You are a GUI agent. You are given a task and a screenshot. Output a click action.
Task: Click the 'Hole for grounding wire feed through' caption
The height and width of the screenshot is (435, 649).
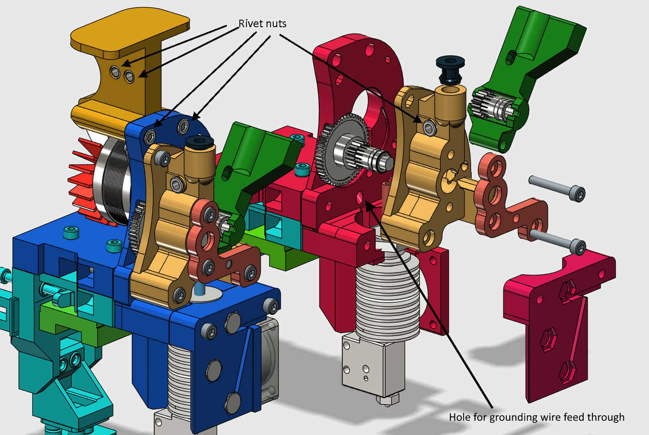(536, 418)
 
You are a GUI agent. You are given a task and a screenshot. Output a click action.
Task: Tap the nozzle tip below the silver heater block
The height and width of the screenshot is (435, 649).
(385, 401)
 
